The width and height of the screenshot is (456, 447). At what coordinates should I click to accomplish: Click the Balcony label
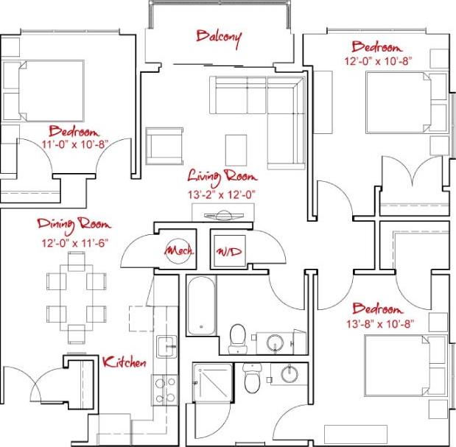point(219,37)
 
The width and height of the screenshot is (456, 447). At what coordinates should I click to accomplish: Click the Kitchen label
point(124,362)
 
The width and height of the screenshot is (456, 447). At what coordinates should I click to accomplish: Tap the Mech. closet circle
point(178,251)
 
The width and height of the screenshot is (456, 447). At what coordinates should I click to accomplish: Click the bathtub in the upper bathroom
point(200,305)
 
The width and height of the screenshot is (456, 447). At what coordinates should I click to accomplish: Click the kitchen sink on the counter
point(165,344)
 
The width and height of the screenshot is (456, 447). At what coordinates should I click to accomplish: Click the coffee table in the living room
point(237,149)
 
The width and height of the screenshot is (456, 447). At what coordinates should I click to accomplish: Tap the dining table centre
point(77,297)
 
